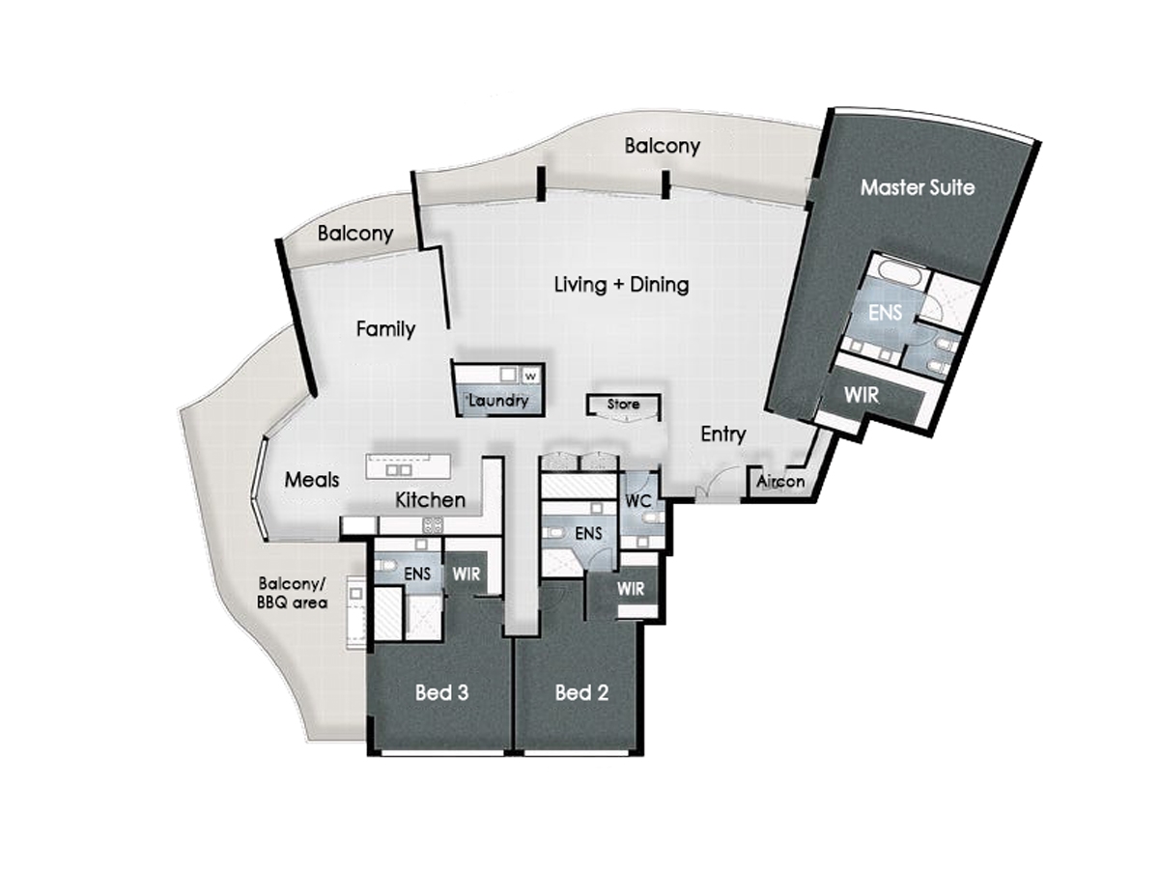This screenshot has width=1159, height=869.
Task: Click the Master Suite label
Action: pos(918,188)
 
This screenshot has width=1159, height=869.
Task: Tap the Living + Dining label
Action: pos(621,285)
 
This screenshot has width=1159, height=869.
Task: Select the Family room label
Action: pos(385,329)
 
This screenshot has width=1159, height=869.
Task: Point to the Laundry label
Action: pos(498,401)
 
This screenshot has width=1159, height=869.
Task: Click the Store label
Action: pos(623,405)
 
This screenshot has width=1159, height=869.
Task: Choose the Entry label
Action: pos(722,434)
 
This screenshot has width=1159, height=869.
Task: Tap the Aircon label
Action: pos(780,481)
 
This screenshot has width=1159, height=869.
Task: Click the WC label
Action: pos(637,501)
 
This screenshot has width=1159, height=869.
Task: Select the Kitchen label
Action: pos(431,499)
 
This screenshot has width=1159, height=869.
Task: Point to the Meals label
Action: pos(312,480)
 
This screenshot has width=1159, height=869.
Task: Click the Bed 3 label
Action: pos(441,692)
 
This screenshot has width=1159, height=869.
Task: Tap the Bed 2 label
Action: pos(581,692)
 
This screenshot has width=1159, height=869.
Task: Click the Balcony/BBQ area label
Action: pos(292,593)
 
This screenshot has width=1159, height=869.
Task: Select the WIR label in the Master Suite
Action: pos(862,395)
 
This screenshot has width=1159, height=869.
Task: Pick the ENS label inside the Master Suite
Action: pos(885,313)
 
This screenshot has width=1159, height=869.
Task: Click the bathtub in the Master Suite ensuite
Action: pos(900,269)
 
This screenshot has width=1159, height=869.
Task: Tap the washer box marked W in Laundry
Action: pos(531,376)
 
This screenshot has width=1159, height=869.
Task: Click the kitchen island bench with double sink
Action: pos(409,466)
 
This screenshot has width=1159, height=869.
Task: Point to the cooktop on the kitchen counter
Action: pos(433,524)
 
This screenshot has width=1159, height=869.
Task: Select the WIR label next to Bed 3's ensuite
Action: pos(466,575)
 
